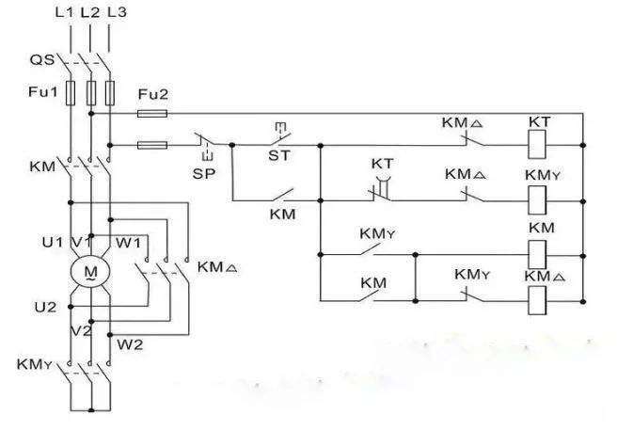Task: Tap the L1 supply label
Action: tap(64, 12)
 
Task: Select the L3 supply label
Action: tap(117, 12)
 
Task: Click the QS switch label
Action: tap(42, 60)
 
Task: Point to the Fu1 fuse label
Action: tap(43, 91)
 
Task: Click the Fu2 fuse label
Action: tap(153, 94)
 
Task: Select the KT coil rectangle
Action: tap(537, 145)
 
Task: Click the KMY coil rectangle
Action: tap(537, 199)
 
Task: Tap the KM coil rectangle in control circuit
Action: tap(537, 255)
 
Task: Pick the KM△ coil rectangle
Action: tap(537, 300)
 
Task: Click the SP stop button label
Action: tap(204, 174)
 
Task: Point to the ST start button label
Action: tap(279, 155)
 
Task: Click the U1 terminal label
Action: tap(53, 242)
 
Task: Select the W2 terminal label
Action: tap(130, 344)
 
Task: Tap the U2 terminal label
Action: tap(45, 308)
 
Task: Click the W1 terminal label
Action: tap(128, 243)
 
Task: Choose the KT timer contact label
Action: tap(382, 164)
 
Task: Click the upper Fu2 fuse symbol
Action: tap(152, 114)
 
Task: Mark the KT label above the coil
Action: tap(539, 121)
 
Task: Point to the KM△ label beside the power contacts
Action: tap(217, 267)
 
